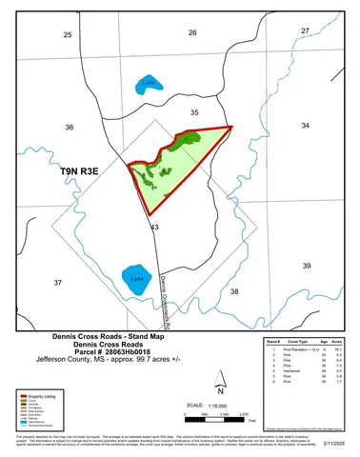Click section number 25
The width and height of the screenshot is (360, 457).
point(67,34)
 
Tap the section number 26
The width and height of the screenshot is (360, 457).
point(191,32)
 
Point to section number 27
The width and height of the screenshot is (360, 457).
point(305,30)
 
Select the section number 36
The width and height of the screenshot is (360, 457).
point(69,127)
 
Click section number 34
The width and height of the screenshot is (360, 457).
point(305,125)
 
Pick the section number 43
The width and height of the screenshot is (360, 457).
point(154,227)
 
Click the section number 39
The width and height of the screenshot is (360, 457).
point(306,266)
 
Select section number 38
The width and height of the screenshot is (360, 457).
point(234,291)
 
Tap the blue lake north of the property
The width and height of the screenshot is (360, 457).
point(147,84)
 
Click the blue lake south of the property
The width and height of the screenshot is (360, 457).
point(137,278)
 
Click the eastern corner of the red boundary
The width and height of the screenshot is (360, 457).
point(231,126)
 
